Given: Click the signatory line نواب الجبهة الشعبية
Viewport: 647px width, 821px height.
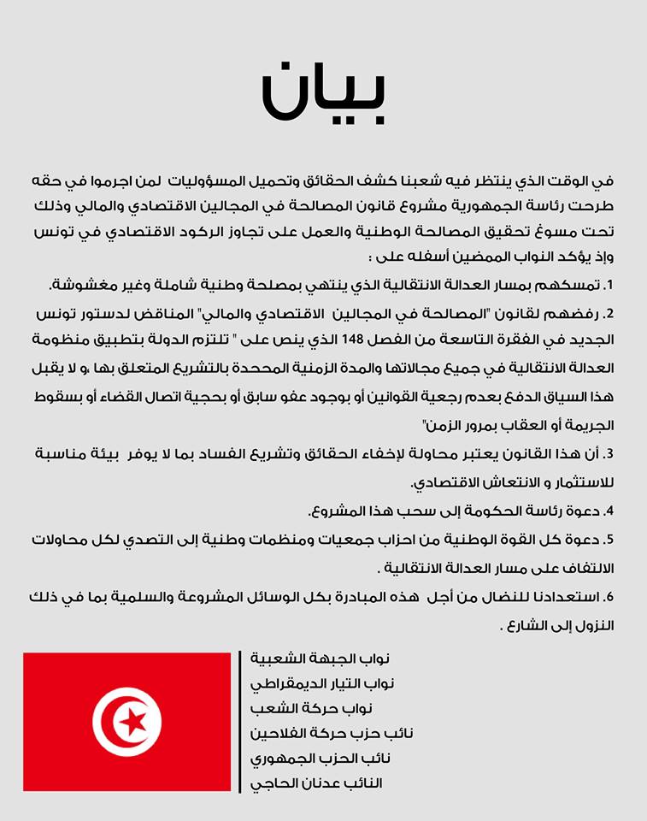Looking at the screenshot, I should click(320, 659).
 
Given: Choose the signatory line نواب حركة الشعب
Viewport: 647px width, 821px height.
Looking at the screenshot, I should click(325, 709).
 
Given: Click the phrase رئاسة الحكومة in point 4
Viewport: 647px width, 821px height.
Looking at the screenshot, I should click(525, 511).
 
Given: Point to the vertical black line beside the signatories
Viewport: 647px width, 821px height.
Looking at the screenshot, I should click(240, 721).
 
